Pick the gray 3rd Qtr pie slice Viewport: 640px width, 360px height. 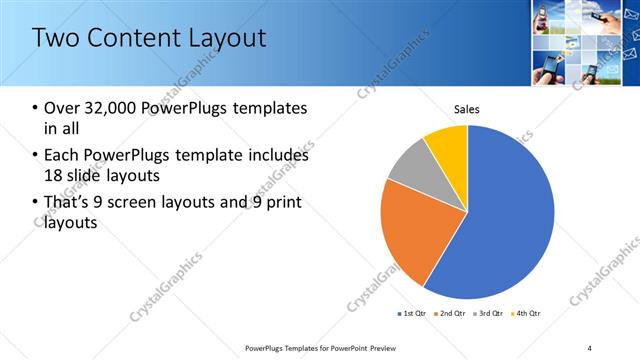pyautogui.click(x=409, y=172)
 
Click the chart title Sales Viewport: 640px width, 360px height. pyautogui.click(x=468, y=108)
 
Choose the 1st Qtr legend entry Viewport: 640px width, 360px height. pyautogui.click(x=413, y=314)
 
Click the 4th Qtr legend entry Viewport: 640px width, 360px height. pyautogui.click(x=526, y=314)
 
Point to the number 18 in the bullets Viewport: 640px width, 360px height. pyautogui.click(x=54, y=176)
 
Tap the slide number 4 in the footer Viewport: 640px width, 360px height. pyautogui.click(x=589, y=347)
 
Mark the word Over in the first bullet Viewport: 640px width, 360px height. pyautogui.click(x=63, y=107)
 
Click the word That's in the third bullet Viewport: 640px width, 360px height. pyautogui.click(x=70, y=204)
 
